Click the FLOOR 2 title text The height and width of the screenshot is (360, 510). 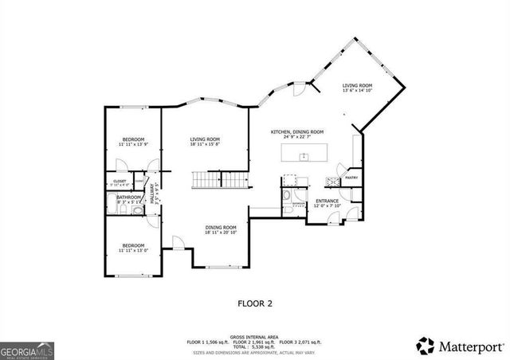255,303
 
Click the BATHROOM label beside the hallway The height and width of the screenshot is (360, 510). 128,198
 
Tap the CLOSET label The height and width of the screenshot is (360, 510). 119,182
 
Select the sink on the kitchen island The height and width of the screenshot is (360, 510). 304,157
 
